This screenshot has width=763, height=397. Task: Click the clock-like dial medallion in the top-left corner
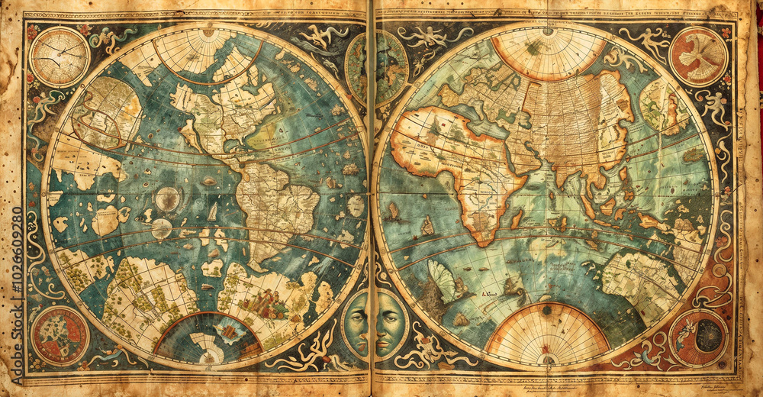(60, 56)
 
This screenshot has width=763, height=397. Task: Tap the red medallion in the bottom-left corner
(60, 335)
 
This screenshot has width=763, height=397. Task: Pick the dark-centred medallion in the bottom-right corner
(698, 337)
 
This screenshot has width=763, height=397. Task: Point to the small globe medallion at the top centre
(377, 67)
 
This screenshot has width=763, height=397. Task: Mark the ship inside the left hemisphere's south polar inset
(227, 331)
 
